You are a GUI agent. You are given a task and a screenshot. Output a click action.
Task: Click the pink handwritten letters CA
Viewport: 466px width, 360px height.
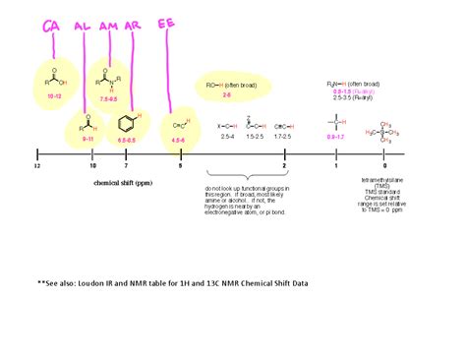[51, 26]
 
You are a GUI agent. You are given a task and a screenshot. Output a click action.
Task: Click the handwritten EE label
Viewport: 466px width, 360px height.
[167, 25]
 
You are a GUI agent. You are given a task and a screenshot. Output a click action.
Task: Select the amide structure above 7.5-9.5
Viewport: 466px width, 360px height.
[107, 75]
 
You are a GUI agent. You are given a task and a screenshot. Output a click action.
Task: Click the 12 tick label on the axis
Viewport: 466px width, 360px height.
[36, 166]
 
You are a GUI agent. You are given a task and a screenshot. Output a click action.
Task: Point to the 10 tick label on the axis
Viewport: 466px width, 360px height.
[92, 166]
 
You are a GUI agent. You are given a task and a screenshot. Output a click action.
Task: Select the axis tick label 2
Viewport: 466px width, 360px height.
[284, 166]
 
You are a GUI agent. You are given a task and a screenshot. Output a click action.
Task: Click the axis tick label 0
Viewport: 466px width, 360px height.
[384, 166]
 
